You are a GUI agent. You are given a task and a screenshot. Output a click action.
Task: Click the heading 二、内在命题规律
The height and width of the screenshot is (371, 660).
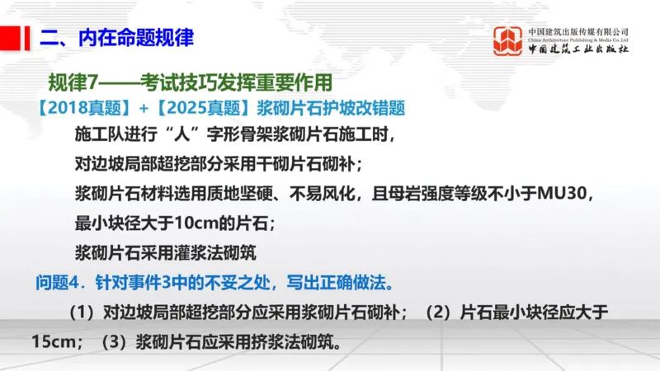pos(117,38)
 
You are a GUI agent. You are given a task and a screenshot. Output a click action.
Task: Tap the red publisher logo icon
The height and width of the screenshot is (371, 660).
pos(508,41)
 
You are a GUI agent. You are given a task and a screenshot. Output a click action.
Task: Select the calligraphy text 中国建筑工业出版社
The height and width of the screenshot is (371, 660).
pos(578,49)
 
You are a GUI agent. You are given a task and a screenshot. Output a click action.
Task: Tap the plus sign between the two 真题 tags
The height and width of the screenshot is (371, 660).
pos(144,108)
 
